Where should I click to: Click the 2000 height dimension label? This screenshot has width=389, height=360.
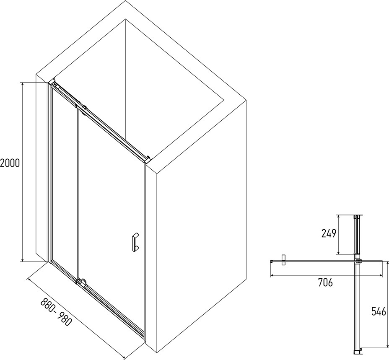[x=10, y=163]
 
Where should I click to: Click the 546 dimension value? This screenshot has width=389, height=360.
[x=379, y=311]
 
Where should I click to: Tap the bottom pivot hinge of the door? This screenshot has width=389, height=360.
[x=81, y=282]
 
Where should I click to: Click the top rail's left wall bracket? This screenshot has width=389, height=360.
[x=55, y=84]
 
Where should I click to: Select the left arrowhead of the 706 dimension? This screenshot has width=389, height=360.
[x=272, y=275]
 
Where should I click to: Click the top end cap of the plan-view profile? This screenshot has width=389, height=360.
[x=357, y=217]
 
